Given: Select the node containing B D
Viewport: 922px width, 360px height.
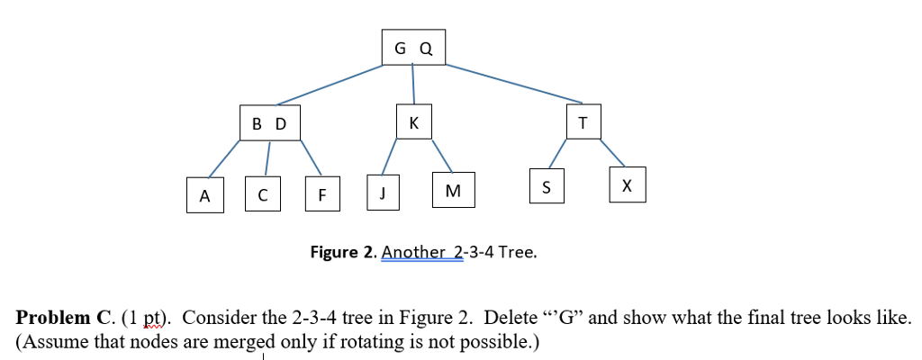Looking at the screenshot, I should pyautogui.click(x=268, y=123).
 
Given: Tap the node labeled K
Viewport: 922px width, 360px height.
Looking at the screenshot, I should pyautogui.click(x=413, y=122).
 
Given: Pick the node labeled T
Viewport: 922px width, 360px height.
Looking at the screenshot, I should pyautogui.click(x=582, y=122).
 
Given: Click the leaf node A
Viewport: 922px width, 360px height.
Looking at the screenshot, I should pyautogui.click(x=204, y=195).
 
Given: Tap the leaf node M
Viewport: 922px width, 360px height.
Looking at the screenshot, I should pyautogui.click(x=453, y=190).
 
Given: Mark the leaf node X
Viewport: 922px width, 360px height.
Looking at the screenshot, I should pyautogui.click(x=627, y=184).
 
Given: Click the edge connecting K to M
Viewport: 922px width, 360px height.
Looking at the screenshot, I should pyautogui.click(x=442, y=155).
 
